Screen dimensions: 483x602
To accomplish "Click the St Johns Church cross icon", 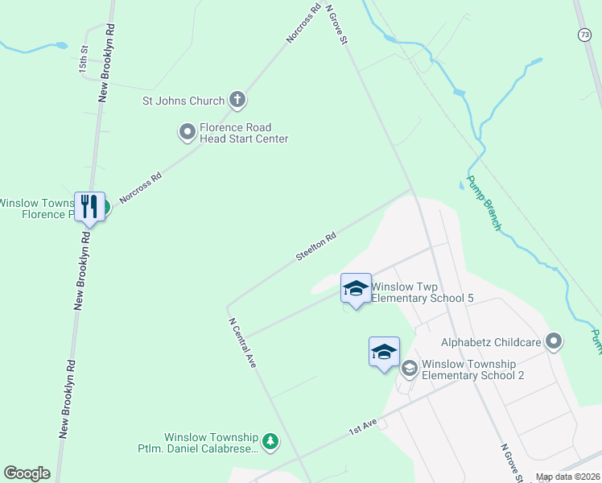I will (237, 101).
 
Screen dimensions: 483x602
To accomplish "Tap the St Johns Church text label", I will (183, 101).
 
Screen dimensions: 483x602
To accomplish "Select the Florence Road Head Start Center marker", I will (187, 131).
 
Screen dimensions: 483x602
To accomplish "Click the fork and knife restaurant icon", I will (89, 207).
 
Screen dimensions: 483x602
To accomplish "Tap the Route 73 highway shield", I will (584, 34).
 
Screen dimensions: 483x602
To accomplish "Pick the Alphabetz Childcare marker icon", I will (553, 342).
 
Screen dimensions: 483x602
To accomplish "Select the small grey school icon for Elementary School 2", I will (409, 369).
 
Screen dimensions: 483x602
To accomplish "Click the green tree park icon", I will (271, 441).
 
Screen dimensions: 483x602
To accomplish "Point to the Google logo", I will (27, 473).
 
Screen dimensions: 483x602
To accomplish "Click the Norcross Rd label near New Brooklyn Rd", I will (140, 187).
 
